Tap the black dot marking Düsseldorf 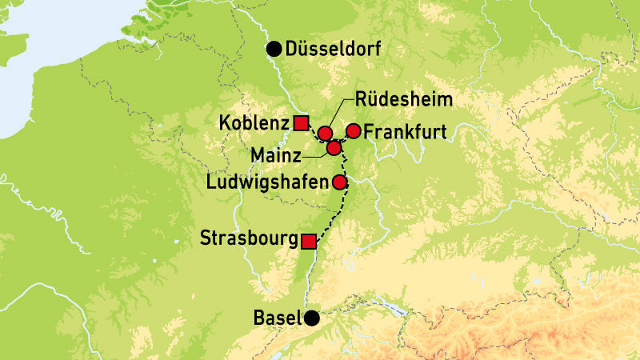point(274,50)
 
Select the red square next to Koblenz point(301,122)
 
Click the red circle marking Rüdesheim point(325,133)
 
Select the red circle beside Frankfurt point(353,130)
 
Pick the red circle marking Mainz point(334,147)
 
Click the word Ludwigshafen point(267,182)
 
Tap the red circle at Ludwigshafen point(339,182)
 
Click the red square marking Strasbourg point(309,240)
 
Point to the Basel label point(277,318)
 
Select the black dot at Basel point(311,318)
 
